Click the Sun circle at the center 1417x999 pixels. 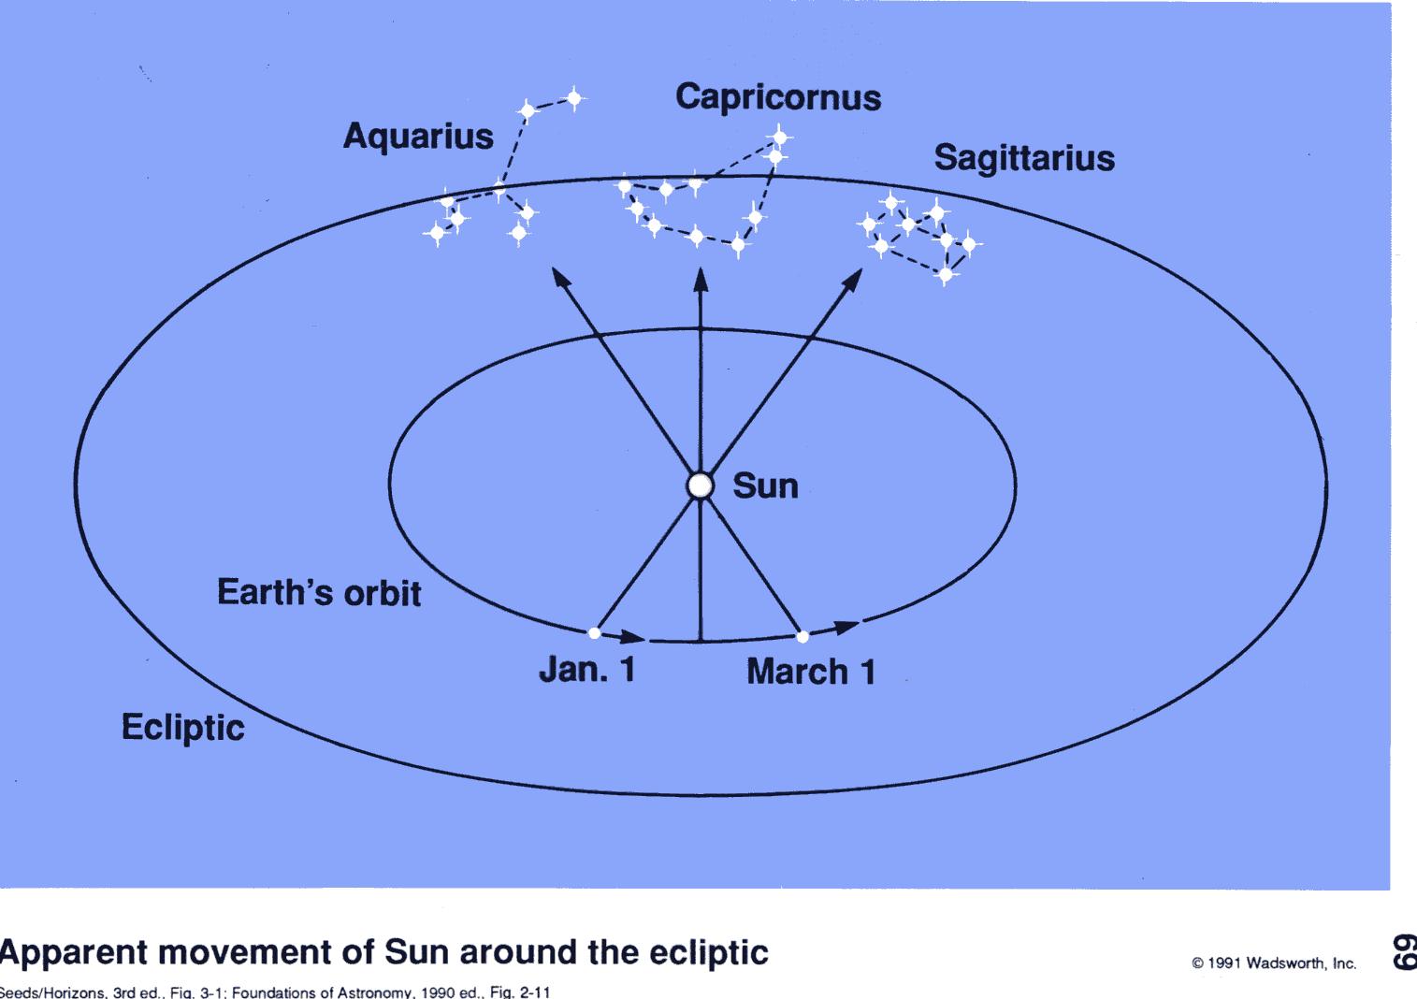point(700,485)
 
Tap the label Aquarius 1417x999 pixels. point(418,137)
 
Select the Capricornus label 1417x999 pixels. point(778,98)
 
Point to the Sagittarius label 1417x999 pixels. point(1024,158)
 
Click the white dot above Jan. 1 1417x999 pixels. point(594,632)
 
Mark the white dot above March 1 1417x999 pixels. point(802,636)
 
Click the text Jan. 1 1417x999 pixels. point(587,670)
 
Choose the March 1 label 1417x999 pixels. point(811,672)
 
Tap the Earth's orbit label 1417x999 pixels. point(319,593)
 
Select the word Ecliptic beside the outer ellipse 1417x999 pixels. point(182,728)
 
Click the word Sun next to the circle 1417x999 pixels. point(765,486)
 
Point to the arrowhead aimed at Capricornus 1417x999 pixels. point(701,280)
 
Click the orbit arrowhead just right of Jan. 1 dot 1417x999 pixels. point(633,636)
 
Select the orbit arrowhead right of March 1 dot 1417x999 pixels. point(846,627)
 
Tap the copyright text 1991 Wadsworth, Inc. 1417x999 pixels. point(1274,963)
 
